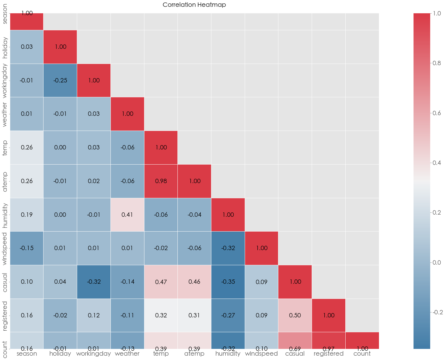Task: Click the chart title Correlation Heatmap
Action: point(194,5)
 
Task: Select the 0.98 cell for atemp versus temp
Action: point(161,181)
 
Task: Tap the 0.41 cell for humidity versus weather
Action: point(127,215)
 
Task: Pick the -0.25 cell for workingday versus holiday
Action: point(60,80)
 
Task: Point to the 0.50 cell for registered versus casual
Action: point(295,315)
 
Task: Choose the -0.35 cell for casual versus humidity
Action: point(228,282)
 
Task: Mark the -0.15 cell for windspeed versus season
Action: point(27,248)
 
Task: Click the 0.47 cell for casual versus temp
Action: point(161,282)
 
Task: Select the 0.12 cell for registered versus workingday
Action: point(94,315)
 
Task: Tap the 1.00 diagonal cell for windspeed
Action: point(262,248)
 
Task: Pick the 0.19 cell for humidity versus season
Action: point(27,215)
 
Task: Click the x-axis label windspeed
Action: point(261,354)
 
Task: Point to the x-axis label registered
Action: point(328,354)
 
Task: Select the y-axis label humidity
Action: point(5,215)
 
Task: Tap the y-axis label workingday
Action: point(5,80)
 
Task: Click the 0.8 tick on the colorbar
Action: point(437,63)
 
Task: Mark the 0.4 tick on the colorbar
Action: point(437,163)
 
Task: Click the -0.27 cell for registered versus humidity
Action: point(228,315)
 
